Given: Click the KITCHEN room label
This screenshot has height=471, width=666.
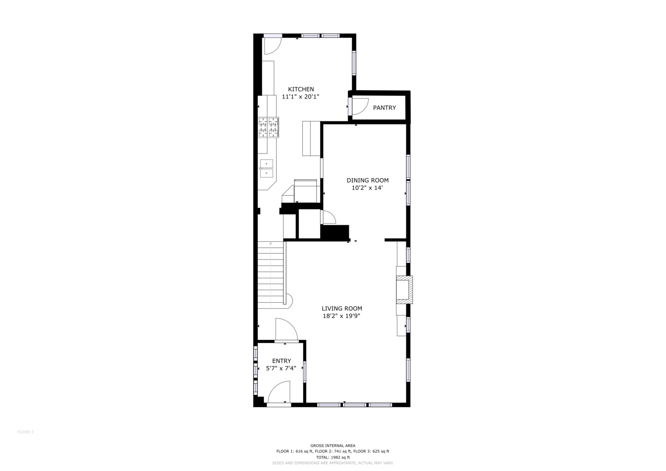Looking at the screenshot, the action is [301, 89].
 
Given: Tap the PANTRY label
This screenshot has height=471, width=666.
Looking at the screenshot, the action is [384, 108].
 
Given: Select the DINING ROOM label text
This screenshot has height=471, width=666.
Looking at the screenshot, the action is [368, 180].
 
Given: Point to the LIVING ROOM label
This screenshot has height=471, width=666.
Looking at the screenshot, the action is [342, 309].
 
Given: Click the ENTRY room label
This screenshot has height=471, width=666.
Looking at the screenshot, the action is [281, 361].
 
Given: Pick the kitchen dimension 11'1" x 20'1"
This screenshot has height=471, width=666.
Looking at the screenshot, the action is [301, 97].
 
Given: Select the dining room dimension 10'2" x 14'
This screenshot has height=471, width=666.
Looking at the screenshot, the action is [367, 188].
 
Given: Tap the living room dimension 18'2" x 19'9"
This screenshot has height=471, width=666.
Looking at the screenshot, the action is [342, 316].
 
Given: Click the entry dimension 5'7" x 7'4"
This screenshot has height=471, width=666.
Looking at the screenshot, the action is [281, 369].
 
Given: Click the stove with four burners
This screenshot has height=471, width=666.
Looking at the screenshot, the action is [268, 127].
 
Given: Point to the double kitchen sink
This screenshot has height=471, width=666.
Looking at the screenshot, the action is [266, 168].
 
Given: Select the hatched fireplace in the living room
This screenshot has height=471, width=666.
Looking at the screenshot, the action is [404, 290].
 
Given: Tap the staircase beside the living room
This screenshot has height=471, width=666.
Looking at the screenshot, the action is [270, 275].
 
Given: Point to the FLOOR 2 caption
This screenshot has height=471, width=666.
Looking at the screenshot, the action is [26, 432].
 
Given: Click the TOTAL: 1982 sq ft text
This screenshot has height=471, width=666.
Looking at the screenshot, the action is [333, 466].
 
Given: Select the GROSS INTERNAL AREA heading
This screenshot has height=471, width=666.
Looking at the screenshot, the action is [333, 454].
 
